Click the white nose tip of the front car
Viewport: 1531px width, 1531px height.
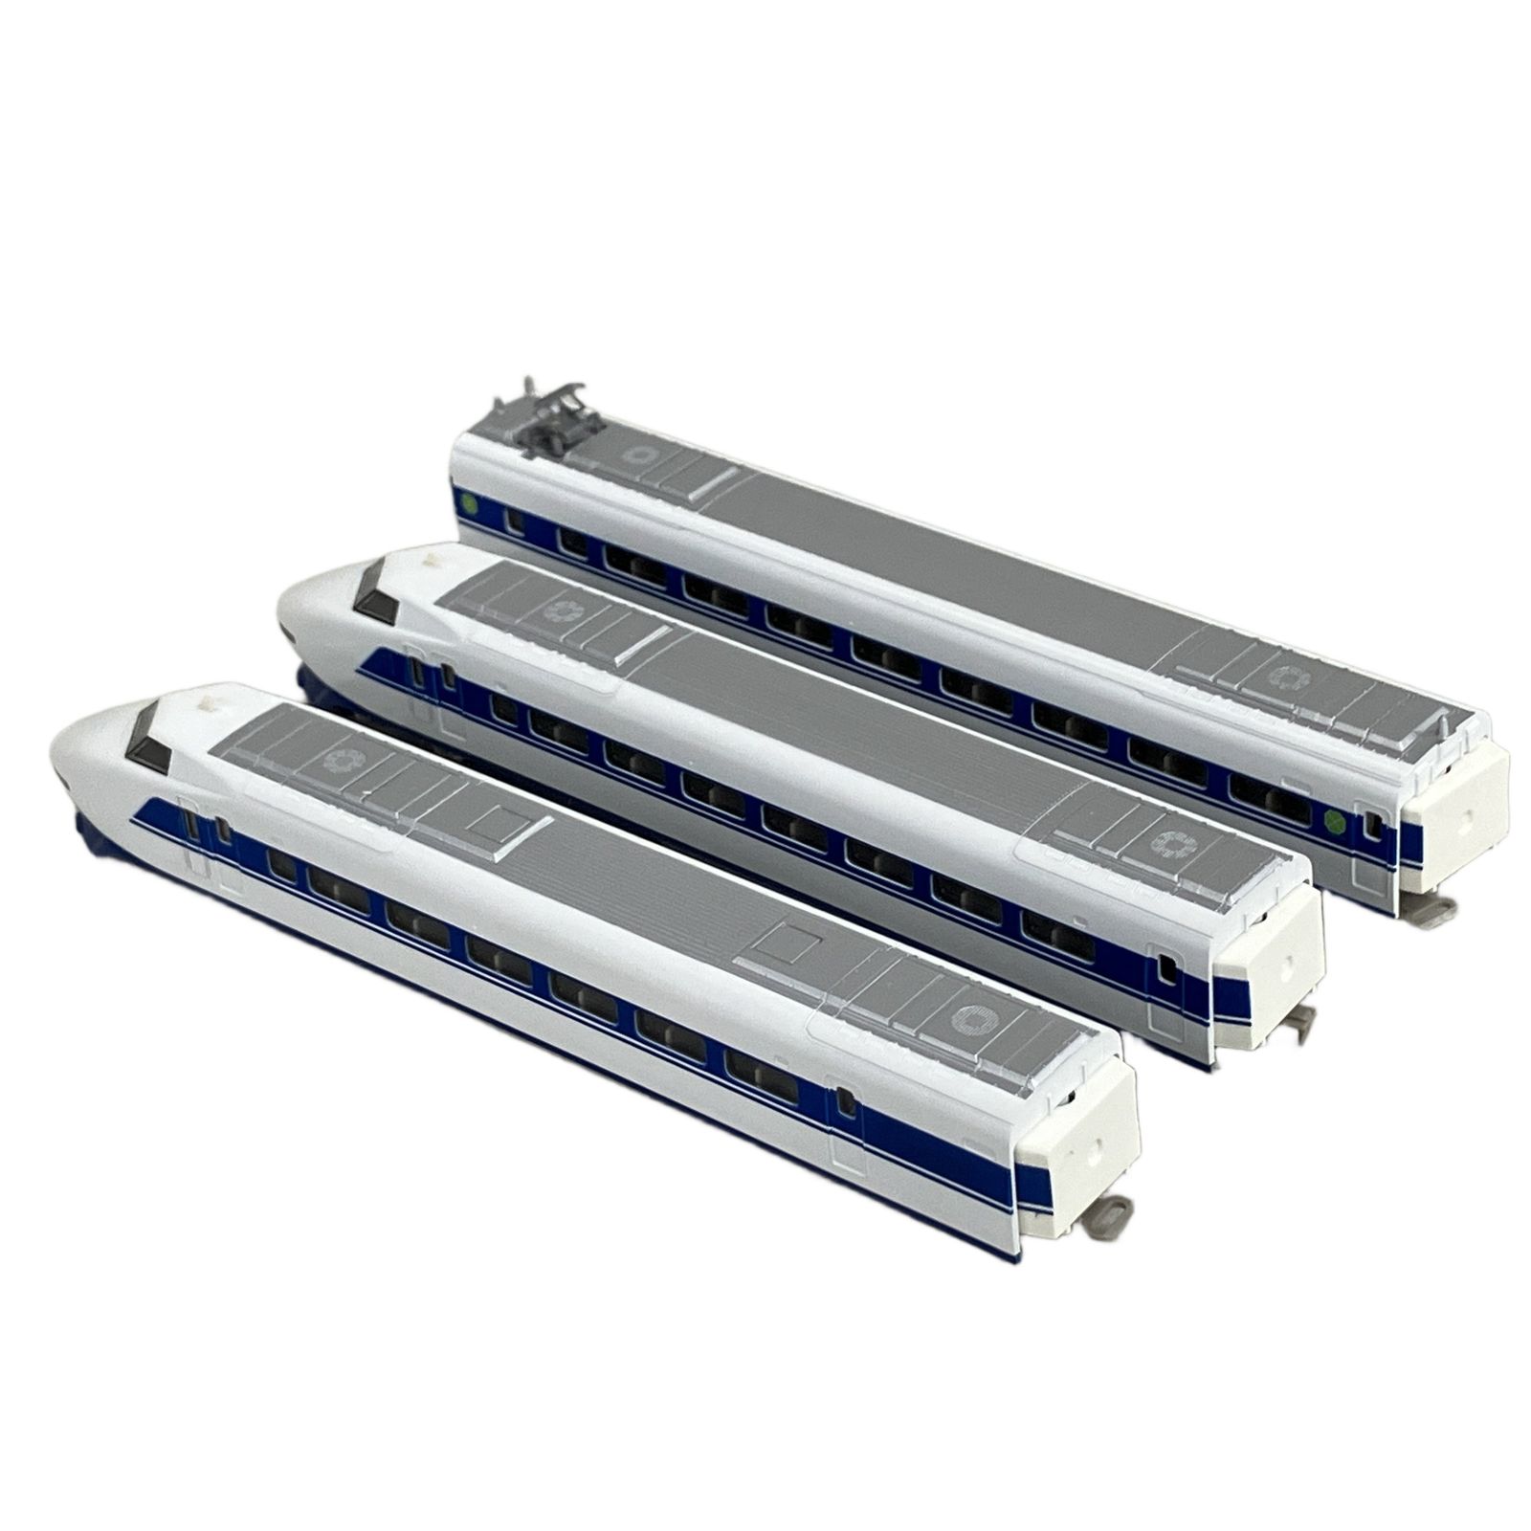(59, 756)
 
